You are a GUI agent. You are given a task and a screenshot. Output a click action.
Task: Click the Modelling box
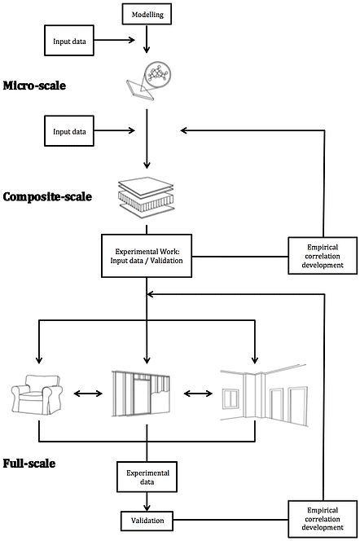click(x=147, y=15)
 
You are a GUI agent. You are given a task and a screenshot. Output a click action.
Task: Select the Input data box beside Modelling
click(x=69, y=41)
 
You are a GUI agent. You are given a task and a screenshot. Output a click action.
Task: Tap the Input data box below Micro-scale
click(x=69, y=130)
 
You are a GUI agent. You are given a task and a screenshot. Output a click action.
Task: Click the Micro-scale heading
click(x=34, y=86)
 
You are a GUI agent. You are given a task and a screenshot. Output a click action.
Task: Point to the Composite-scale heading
click(x=47, y=196)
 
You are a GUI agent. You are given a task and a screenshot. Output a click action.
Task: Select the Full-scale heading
click(x=29, y=463)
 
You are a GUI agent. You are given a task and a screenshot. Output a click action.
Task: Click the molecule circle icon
click(x=158, y=74)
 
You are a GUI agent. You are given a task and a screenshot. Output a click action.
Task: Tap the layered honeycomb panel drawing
click(x=146, y=197)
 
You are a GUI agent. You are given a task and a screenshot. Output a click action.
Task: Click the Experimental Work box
click(x=147, y=256)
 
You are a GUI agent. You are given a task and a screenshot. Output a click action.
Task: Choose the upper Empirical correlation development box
click(x=323, y=256)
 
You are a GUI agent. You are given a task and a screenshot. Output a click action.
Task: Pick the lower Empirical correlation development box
click(x=323, y=519)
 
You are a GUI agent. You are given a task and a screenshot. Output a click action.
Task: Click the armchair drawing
click(x=37, y=394)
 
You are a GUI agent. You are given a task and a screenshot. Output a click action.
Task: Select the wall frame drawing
click(x=142, y=394)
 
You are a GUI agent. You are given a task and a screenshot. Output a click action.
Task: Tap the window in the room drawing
click(x=230, y=398)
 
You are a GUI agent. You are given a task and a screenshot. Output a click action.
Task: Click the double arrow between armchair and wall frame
click(x=88, y=394)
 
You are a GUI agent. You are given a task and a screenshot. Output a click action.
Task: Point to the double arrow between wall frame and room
click(x=198, y=394)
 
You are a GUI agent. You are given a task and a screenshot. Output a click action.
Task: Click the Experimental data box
click(x=147, y=477)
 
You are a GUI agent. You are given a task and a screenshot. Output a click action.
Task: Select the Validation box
click(x=147, y=521)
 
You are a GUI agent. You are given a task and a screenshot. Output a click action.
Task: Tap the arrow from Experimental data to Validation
click(x=147, y=502)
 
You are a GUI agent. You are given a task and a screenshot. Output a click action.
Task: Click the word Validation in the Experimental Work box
click(x=166, y=261)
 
